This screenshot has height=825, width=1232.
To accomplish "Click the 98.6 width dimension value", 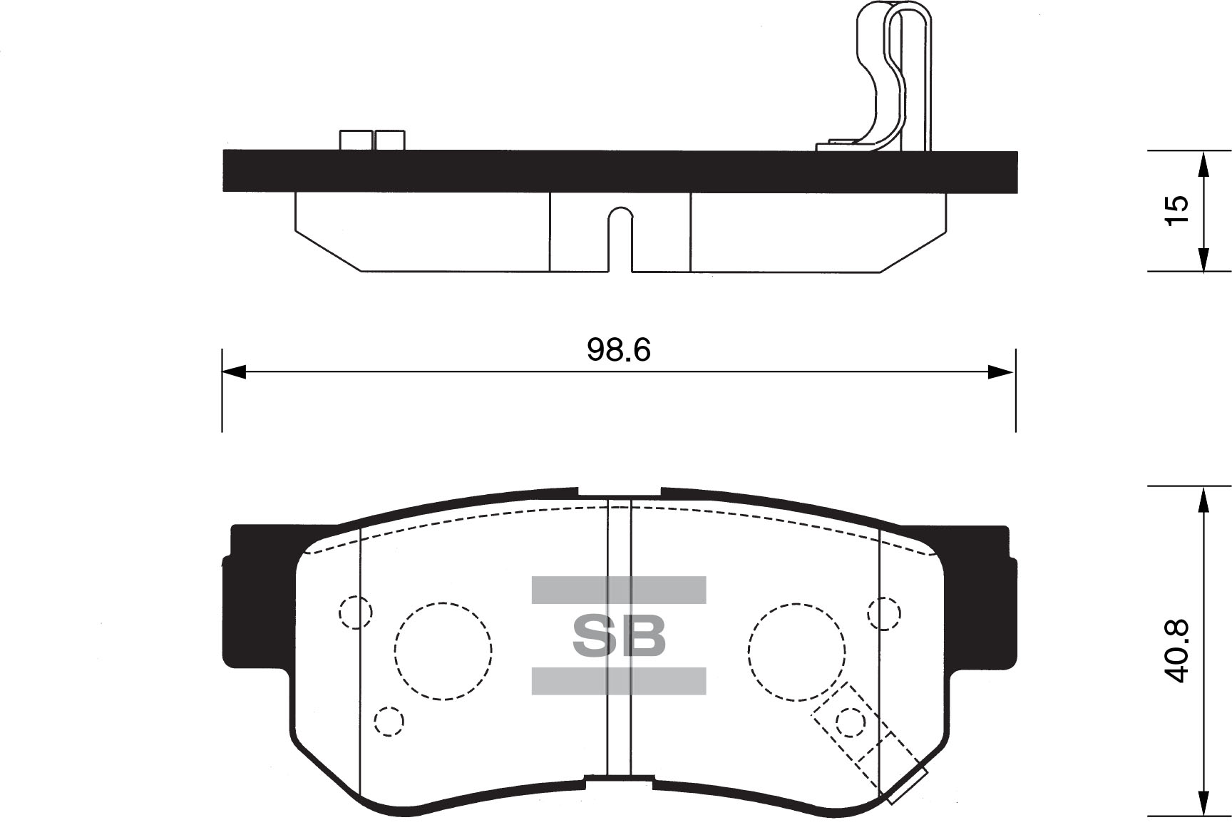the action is coord(618,350).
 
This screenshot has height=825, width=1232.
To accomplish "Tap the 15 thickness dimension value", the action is coord(1177,210).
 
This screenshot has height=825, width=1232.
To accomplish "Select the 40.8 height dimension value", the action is coord(1177,651).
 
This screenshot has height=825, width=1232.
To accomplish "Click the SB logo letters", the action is coord(619,635).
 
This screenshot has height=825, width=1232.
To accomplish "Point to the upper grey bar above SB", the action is coord(619,590).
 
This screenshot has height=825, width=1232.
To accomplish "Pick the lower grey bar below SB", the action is coord(619,681).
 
